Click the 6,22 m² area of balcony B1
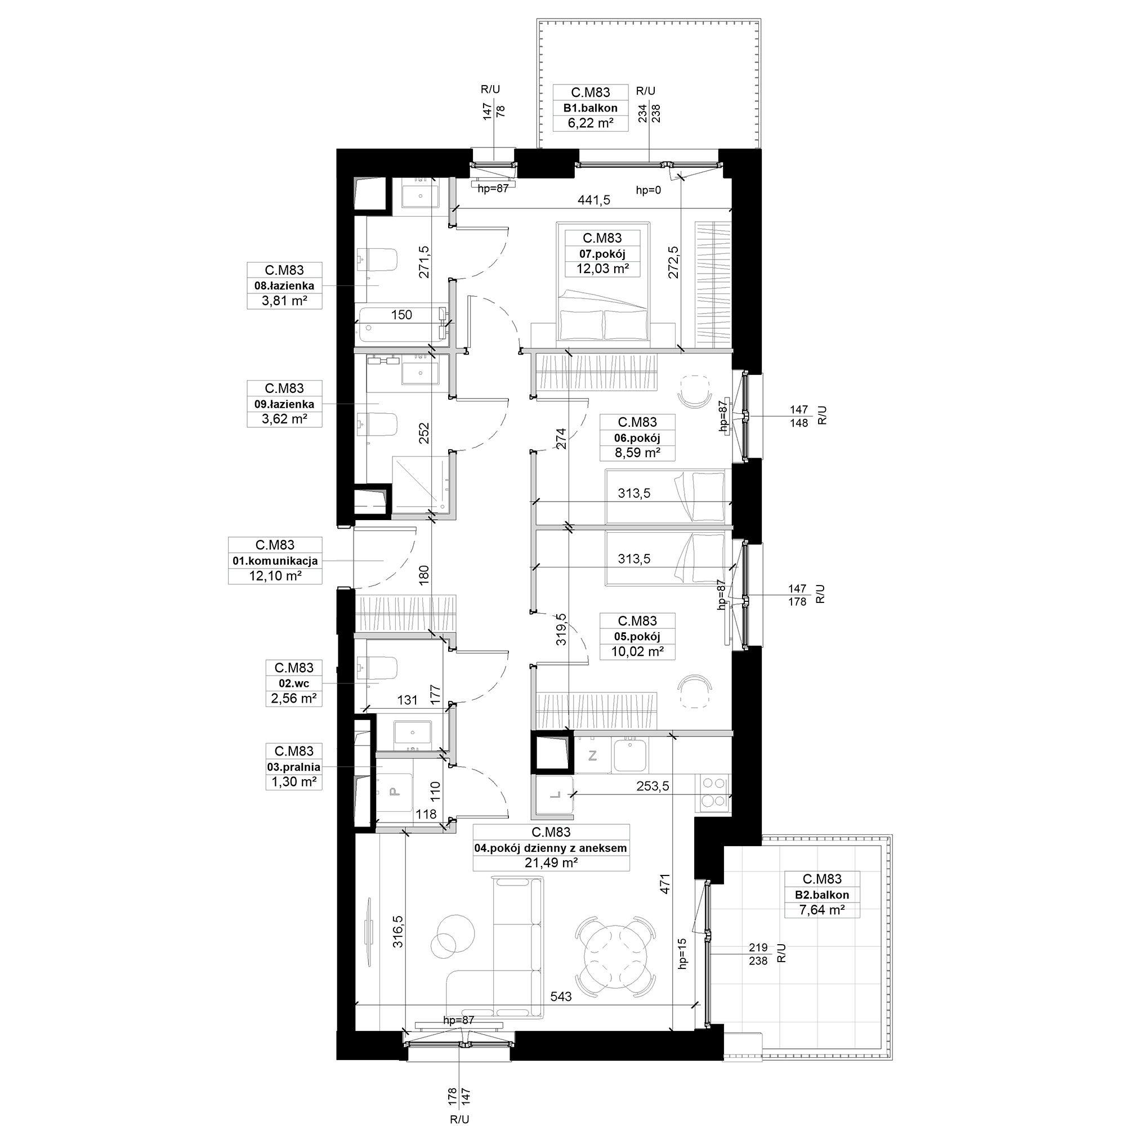(591, 123)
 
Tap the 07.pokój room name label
(602, 253)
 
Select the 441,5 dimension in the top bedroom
(594, 200)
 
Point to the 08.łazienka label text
(284, 285)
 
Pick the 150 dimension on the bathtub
(401, 315)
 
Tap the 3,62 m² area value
(284, 418)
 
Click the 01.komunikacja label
(275, 561)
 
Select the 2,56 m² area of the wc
(294, 698)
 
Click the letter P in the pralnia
(394, 792)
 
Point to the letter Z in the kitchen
(593, 756)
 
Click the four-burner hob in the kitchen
(714, 792)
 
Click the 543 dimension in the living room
(561, 997)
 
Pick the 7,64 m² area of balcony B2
(822, 909)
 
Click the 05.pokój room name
(637, 636)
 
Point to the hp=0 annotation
(649, 190)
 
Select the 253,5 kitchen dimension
(653, 786)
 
